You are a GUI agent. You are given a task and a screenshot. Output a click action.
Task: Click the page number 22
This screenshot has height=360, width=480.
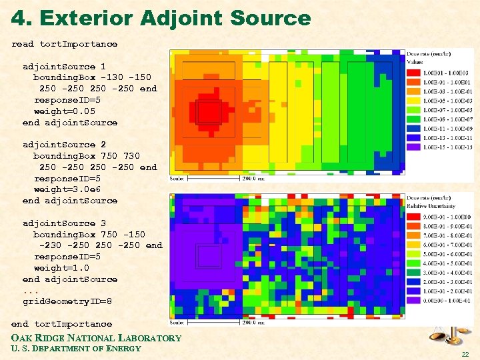coord(464,353)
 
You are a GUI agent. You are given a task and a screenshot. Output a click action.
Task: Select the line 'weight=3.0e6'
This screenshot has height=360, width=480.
coord(66,189)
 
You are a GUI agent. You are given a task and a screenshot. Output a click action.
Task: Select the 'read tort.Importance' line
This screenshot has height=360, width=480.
coord(64,44)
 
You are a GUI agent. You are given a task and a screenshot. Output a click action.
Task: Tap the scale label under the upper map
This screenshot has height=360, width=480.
coord(177,179)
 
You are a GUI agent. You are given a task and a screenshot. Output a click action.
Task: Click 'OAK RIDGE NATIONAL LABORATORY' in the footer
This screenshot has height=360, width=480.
coord(97,338)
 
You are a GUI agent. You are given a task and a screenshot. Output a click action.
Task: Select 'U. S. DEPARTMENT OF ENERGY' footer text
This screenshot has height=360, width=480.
coord(76,349)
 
